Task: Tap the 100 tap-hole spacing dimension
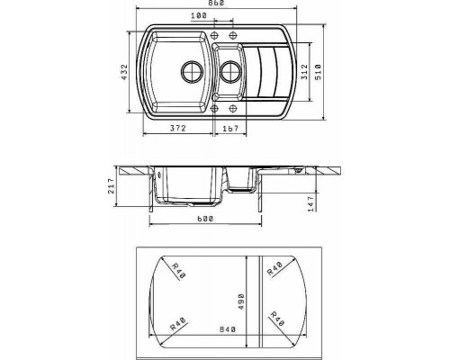point(199,15)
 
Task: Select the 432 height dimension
point(124,72)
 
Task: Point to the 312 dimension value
point(305,72)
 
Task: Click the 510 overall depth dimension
point(318,72)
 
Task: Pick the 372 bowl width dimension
point(178,128)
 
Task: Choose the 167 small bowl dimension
point(230,129)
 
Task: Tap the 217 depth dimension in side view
point(111,186)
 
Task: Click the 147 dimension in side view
point(311,203)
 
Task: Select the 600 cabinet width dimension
point(205,219)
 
